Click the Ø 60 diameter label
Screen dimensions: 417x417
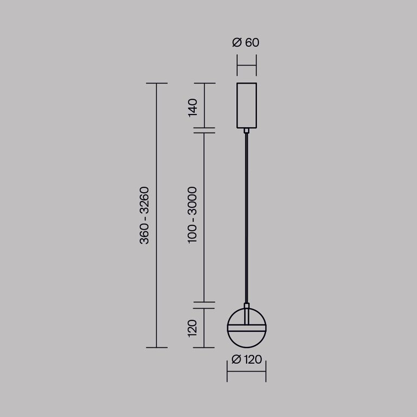[246, 42]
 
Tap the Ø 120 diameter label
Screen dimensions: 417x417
[247, 359]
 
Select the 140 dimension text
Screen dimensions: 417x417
[192, 107]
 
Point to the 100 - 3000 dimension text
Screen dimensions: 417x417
[192, 214]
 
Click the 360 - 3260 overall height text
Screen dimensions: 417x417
[144, 216]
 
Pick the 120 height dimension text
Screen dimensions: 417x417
[192, 327]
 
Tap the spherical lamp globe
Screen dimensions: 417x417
[247, 339]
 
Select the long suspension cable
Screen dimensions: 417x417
[247, 217]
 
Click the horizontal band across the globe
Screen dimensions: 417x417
[247, 327]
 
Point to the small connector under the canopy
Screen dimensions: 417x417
[247, 130]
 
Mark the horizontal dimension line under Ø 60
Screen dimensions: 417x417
[247, 66]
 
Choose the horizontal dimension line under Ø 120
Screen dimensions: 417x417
[247, 372]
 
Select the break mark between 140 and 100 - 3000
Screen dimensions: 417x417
[204, 130]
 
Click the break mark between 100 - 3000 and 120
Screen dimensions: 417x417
[204, 304]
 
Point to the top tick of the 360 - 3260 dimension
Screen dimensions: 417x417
[156, 83]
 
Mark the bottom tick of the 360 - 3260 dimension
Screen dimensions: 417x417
[156, 347]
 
